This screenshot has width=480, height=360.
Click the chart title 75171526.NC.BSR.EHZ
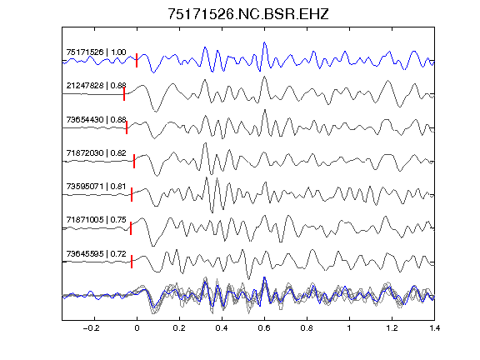point(248,14)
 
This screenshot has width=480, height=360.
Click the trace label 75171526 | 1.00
point(96,52)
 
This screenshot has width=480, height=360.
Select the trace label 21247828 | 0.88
point(96,85)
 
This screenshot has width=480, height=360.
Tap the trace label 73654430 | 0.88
point(96,119)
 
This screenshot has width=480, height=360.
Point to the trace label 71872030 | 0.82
point(96,152)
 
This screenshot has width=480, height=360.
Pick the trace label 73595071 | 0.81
point(96,186)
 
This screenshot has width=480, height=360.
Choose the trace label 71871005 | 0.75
point(96,220)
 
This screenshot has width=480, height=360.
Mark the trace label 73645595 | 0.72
point(96,254)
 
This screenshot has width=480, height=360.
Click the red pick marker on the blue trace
point(137,60)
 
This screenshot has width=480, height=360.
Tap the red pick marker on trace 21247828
point(124,93)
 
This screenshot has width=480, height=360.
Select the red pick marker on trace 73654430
point(127,127)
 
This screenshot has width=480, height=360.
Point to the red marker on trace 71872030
point(134,162)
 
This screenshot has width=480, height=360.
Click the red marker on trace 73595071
point(132,195)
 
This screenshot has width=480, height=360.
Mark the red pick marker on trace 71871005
point(131,228)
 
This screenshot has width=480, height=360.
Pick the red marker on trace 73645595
point(132,262)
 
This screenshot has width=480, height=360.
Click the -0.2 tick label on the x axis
point(91,328)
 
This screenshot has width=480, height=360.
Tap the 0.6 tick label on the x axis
point(264,328)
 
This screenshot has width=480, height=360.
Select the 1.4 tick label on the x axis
point(434,328)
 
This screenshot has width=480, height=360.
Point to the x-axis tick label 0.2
point(179,328)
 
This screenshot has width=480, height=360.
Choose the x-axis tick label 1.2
point(392,328)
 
